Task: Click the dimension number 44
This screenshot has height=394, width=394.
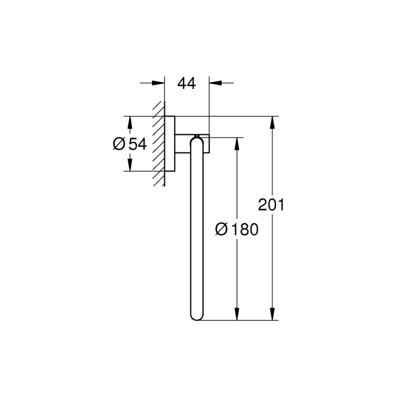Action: pos(187,84)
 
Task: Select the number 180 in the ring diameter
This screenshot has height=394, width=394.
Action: pos(245,229)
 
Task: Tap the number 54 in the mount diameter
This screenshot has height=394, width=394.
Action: pos(138,144)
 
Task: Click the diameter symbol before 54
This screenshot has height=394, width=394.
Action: pos(119,144)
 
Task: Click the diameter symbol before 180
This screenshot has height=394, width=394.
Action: pos(222,229)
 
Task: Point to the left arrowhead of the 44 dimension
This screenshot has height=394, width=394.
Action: pos(158,83)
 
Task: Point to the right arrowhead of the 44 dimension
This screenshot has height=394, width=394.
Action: pos(215,83)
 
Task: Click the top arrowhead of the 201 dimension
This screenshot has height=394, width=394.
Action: pos(272,123)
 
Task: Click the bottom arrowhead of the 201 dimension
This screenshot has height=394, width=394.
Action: pos(272,314)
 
